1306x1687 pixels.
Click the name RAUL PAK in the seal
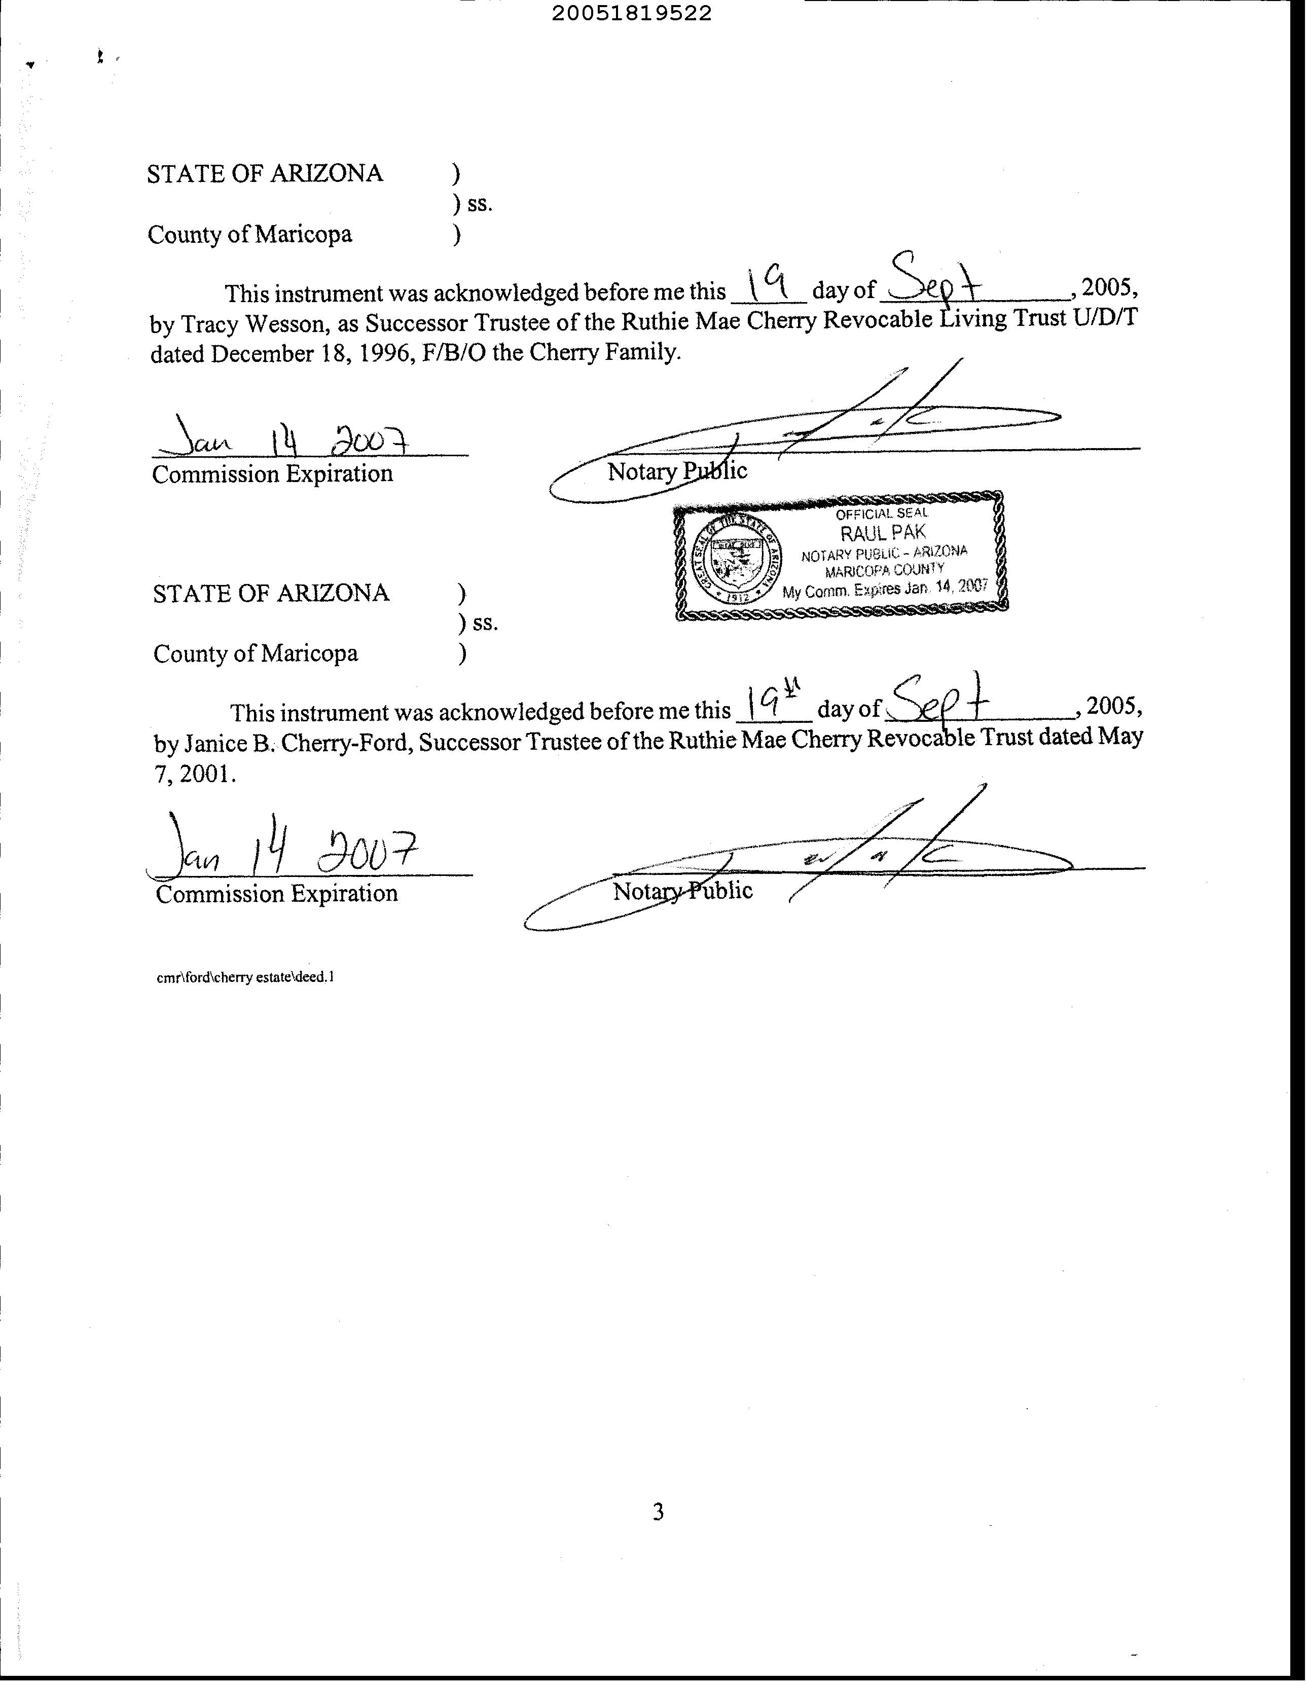tap(883, 532)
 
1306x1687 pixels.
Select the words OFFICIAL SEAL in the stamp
tap(882, 513)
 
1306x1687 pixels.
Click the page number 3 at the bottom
tap(658, 1512)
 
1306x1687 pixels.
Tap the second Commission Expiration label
tap(277, 894)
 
